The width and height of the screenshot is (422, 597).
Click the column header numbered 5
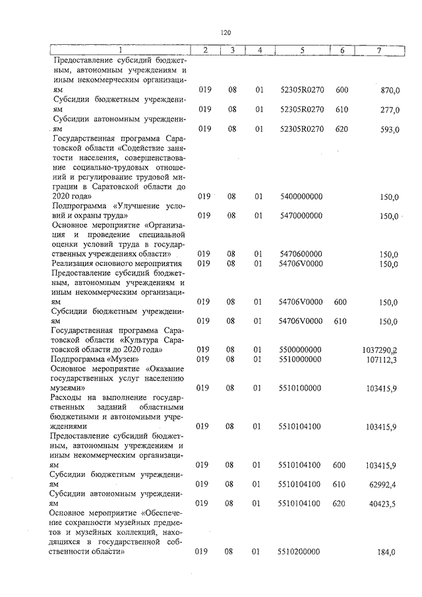tap(302, 50)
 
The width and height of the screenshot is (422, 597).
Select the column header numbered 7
tap(378, 50)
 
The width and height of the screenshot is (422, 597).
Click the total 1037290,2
tap(380, 350)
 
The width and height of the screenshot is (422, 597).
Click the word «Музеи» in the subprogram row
tap(123, 360)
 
